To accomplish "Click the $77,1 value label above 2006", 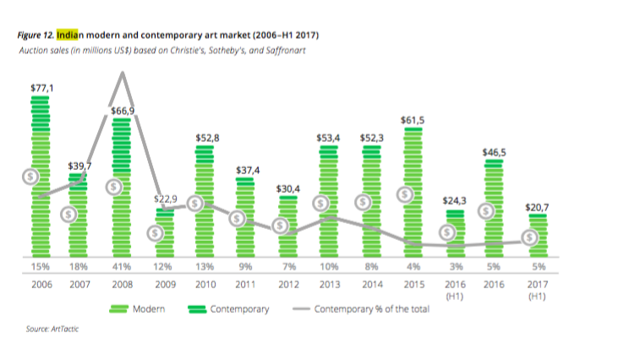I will coord(41,88).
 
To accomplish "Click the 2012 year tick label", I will coord(289,284).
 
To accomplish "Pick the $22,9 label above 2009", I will coord(165,199).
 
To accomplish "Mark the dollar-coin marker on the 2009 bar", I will coord(156,233).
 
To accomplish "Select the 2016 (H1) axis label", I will coord(455,289).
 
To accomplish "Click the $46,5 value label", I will coord(495,152).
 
